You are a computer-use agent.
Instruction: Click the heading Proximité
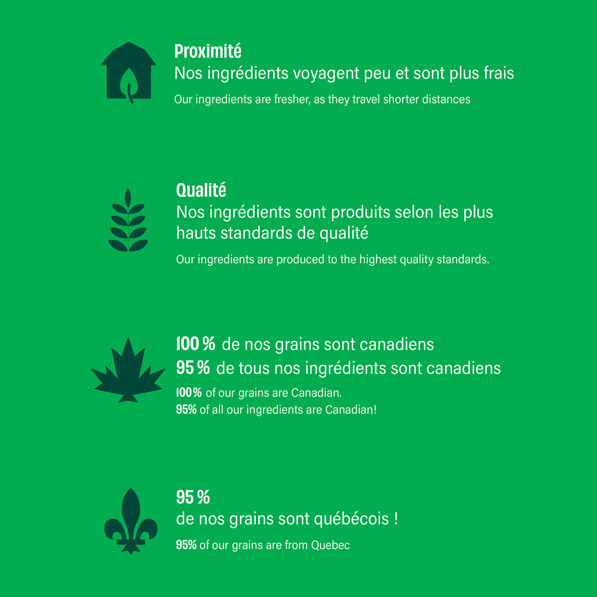[207, 51]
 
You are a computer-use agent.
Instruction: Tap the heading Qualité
[201, 190]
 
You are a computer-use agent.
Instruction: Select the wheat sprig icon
[128, 220]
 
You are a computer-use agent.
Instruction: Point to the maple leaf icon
[128, 370]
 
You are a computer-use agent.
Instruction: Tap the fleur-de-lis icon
[131, 521]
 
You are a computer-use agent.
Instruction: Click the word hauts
[196, 233]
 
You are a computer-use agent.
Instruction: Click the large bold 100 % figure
[196, 344]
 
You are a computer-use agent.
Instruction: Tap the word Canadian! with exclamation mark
[351, 410]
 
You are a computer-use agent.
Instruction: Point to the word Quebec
[330, 545]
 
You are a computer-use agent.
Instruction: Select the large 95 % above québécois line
[193, 497]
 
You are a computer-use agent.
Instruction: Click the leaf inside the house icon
[129, 85]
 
